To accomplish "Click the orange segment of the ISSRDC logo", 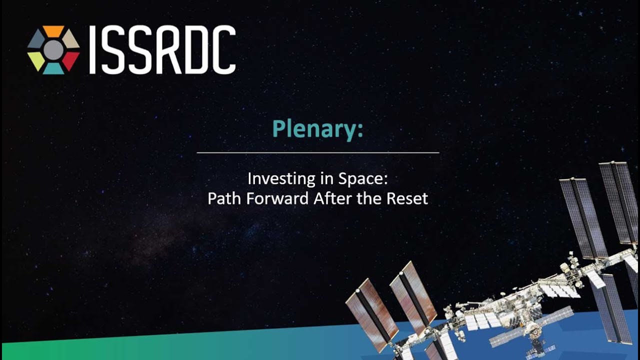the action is coord(53,31).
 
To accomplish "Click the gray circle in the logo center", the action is coord(53,50).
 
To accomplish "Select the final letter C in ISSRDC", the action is coord(223,49).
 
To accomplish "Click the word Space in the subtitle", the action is coord(360,179).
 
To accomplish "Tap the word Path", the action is coord(225,198).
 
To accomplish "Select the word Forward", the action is coord(277,198).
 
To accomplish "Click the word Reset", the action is coord(407,198).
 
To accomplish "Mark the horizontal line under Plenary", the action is coord(318,153).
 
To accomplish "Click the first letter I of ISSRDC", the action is coord(92,49).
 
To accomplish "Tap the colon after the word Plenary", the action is coord(360,130).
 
